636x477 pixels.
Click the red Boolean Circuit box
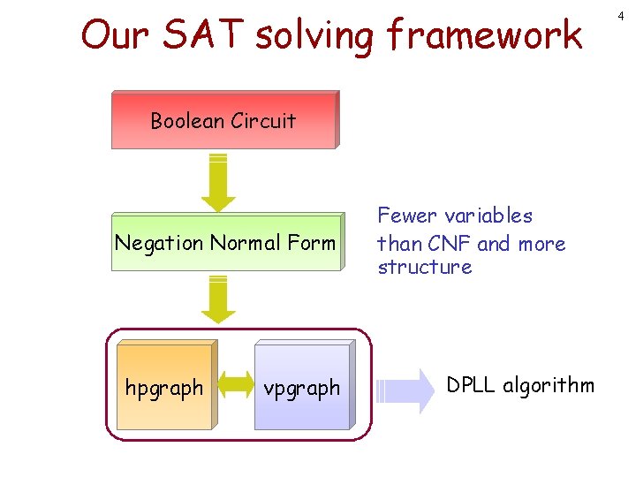click(224, 120)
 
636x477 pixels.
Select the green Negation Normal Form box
click(225, 242)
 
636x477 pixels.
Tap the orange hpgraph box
click(164, 387)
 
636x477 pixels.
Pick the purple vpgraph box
click(302, 387)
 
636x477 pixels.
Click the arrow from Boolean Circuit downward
click(219, 182)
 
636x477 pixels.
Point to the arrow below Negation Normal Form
click(218, 299)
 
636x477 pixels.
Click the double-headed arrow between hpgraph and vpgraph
click(234, 384)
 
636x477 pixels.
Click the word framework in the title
click(485, 35)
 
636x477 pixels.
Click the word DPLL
click(473, 385)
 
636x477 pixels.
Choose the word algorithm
click(549, 386)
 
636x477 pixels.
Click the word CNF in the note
click(449, 243)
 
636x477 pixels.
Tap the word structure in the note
click(424, 267)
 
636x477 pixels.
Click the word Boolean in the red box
click(185, 120)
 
